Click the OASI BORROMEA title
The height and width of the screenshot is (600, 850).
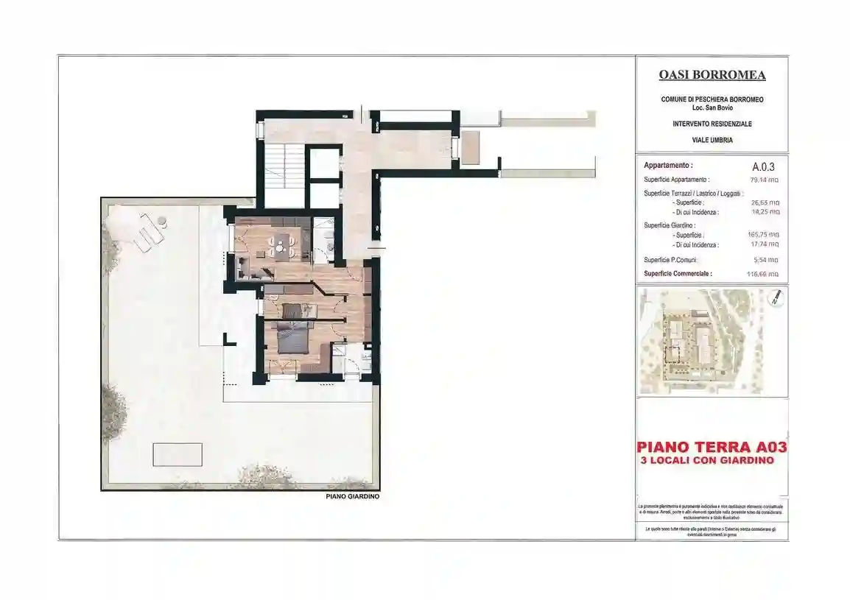(x=711, y=75)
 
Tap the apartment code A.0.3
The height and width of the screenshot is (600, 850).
(x=764, y=166)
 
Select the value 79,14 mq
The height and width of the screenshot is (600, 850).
(x=765, y=180)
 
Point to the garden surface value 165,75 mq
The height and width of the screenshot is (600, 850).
(x=765, y=235)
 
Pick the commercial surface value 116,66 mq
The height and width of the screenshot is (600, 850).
(x=763, y=274)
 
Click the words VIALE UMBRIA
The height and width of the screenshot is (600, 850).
(x=712, y=140)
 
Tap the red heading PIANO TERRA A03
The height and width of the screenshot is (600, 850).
(x=712, y=446)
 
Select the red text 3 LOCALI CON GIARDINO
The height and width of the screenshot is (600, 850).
(x=708, y=460)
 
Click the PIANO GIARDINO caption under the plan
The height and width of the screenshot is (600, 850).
(x=352, y=497)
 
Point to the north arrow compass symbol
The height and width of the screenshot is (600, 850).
(x=775, y=297)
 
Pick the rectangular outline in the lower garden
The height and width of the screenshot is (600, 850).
(x=178, y=454)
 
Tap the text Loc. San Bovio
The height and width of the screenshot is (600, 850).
(x=712, y=108)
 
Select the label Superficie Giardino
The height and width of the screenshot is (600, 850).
(x=670, y=225)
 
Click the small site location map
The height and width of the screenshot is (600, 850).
(x=712, y=341)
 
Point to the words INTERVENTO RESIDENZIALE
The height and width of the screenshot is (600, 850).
(x=712, y=124)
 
